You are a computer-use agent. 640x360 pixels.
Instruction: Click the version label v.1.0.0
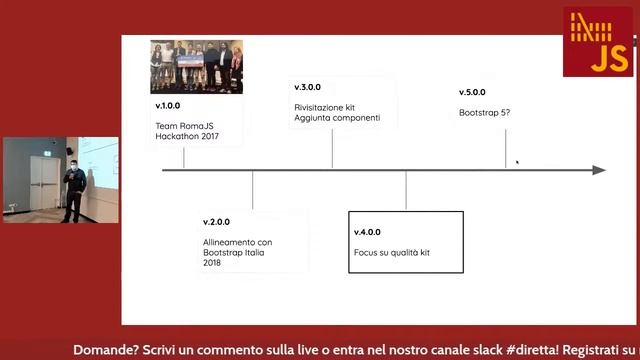(x=168, y=106)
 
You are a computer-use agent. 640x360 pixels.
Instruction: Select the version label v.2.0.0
(x=216, y=222)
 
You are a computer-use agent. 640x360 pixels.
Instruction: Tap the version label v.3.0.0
(x=307, y=87)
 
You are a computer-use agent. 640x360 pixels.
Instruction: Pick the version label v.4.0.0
(x=367, y=232)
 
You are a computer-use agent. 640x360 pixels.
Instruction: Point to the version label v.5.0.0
(x=473, y=93)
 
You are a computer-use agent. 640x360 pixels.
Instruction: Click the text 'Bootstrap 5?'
(x=485, y=112)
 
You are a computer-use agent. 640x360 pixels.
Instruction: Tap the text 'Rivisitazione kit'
(x=326, y=107)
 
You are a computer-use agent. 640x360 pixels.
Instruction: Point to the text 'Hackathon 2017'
(x=186, y=136)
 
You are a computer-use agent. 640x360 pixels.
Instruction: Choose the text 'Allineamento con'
(x=237, y=242)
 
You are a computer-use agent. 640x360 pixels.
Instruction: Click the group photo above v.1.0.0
(x=196, y=66)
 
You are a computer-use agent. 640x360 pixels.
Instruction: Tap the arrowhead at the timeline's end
(x=599, y=170)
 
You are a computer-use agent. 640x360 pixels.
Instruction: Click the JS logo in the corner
(x=597, y=41)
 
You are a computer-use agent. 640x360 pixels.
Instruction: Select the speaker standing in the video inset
(x=73, y=191)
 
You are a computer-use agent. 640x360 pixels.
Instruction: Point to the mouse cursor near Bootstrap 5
(x=517, y=161)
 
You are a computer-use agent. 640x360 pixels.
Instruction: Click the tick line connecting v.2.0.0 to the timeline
(x=252, y=190)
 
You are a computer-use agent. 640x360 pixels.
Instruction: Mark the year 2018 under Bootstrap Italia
(x=212, y=264)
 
